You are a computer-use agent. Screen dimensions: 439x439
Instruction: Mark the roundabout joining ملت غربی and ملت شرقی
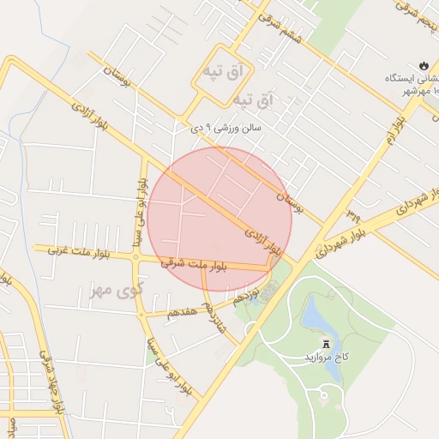(x=137, y=256)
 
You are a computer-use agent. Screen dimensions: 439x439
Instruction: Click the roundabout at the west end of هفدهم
(x=141, y=315)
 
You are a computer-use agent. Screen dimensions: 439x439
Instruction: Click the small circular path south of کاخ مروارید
(x=326, y=395)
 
